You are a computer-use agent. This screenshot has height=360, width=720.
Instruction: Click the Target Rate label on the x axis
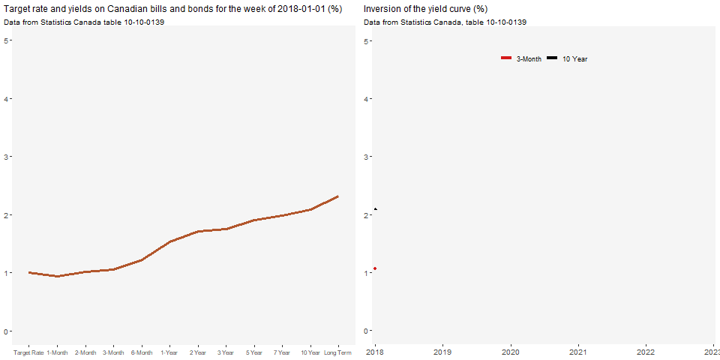pyautogui.click(x=28, y=352)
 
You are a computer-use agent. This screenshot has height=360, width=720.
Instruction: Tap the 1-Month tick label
pyautogui.click(x=57, y=352)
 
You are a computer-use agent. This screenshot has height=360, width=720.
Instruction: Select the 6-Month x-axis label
pyautogui.click(x=142, y=352)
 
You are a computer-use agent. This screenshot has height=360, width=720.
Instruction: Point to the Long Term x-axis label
pyautogui.click(x=338, y=352)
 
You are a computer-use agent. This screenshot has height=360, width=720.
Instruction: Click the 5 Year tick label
pyautogui.click(x=254, y=352)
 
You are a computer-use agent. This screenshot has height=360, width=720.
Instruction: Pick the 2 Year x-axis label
pyautogui.click(x=198, y=352)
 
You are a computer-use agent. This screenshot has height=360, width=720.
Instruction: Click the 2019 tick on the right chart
pyautogui.click(x=442, y=350)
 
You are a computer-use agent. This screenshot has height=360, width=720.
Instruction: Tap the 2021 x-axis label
pyautogui.click(x=578, y=350)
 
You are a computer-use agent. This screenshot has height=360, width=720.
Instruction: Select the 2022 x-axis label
pyautogui.click(x=646, y=350)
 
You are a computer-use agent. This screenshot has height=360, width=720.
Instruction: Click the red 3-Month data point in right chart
pyautogui.click(x=375, y=268)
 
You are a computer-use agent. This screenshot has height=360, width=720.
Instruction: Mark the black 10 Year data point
pyautogui.click(x=375, y=208)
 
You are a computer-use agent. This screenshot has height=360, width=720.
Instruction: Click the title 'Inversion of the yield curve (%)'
pyautogui.click(x=425, y=9)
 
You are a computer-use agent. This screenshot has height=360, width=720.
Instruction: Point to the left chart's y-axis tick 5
pyautogui.click(x=7, y=40)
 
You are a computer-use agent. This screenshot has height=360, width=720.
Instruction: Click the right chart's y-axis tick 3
pyautogui.click(x=367, y=157)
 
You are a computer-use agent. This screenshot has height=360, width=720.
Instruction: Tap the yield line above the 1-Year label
pyautogui.click(x=170, y=241)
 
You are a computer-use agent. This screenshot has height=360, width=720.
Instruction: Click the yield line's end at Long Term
pyautogui.click(x=338, y=196)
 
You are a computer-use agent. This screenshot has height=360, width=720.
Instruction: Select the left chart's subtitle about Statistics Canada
pyautogui.click(x=84, y=22)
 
